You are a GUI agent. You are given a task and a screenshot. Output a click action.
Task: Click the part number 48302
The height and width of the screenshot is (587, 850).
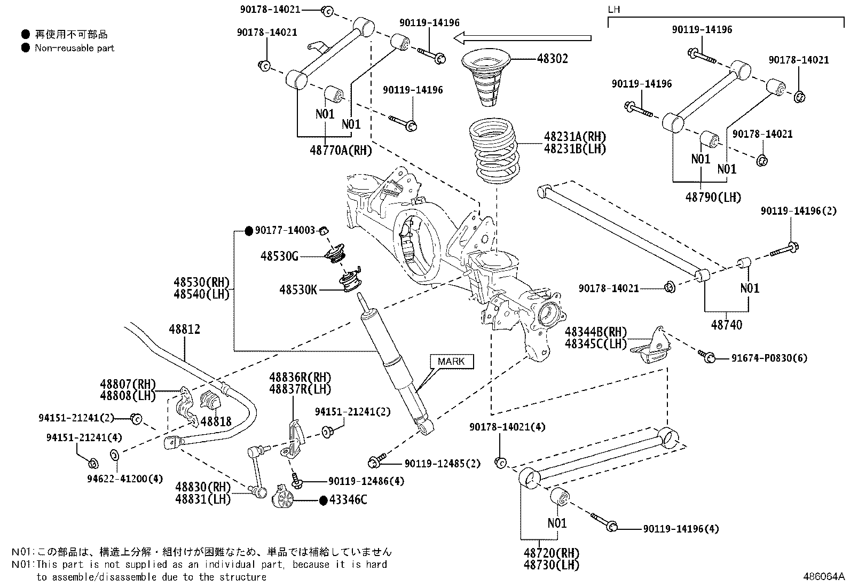click(x=552, y=58)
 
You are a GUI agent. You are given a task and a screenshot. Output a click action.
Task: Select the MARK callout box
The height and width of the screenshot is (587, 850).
click(x=452, y=361)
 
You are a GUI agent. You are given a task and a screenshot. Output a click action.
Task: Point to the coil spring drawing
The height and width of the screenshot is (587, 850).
click(x=494, y=151)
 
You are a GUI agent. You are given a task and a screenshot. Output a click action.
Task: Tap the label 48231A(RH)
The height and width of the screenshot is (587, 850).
click(x=575, y=137)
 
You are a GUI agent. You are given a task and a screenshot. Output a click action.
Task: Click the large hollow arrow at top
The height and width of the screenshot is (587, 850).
click(x=523, y=38)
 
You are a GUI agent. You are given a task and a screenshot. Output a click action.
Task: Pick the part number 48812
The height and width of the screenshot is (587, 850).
click(x=184, y=329)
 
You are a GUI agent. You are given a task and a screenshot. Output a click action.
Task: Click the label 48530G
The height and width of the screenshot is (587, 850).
click(x=279, y=256)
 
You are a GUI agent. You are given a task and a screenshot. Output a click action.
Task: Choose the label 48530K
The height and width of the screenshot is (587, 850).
click(x=298, y=289)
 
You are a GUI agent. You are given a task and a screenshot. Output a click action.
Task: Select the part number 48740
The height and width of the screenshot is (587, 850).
click(x=726, y=325)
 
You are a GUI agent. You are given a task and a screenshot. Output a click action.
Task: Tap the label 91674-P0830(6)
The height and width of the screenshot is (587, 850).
click(x=769, y=358)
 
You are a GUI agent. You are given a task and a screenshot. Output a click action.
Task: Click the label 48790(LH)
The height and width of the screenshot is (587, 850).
click(x=713, y=197)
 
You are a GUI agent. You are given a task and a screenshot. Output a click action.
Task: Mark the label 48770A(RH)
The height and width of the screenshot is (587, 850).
click(x=341, y=151)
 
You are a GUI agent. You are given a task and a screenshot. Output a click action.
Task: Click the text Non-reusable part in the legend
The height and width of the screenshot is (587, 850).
click(x=74, y=48)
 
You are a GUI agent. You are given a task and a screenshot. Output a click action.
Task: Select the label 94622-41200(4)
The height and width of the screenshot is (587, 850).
click(x=125, y=479)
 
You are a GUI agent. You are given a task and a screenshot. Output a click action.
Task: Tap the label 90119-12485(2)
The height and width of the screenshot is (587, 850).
click(x=443, y=463)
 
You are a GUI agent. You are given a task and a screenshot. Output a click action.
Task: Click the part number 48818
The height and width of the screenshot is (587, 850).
click(x=216, y=421)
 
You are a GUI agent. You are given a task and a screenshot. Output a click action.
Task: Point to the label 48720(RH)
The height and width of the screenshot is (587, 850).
click(x=552, y=553)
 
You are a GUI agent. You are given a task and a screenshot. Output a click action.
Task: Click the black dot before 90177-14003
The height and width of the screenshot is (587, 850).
click(x=249, y=230)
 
